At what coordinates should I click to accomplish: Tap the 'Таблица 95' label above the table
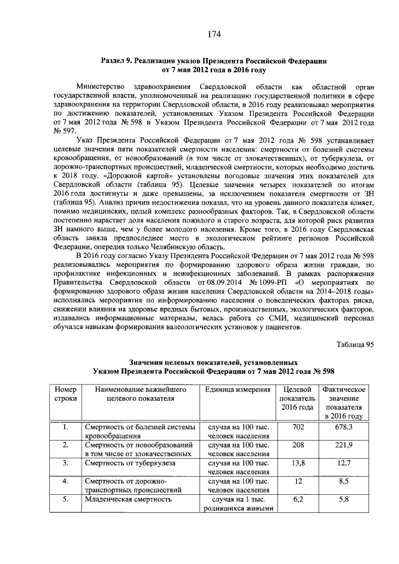[x=355, y=344]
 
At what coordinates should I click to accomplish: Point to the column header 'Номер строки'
[x=65, y=394]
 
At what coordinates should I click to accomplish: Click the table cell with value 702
[x=297, y=427]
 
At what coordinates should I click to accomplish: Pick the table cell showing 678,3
[x=342, y=427]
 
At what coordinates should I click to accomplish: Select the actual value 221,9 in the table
[x=342, y=445]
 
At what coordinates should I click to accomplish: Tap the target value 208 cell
[x=297, y=445]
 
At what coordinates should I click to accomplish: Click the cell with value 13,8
[x=297, y=463]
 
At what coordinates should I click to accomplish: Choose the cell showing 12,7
[x=342, y=463]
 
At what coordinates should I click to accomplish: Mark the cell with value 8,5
[x=342, y=481]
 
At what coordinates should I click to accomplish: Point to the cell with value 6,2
[x=297, y=499]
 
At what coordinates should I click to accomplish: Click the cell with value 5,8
[x=342, y=499]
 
